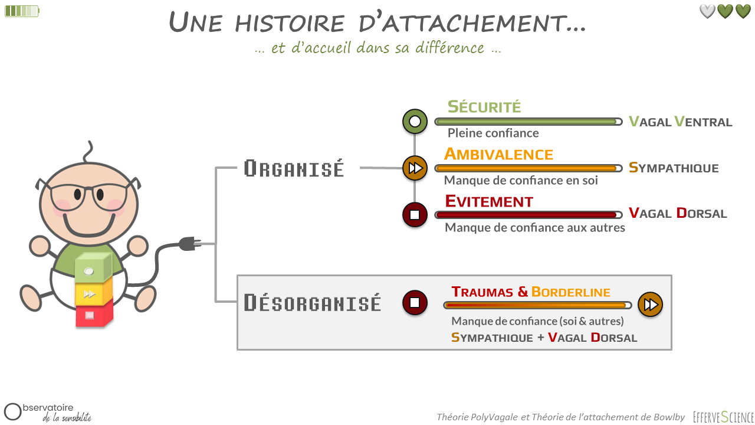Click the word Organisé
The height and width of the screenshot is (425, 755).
294,169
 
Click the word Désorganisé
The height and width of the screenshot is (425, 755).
312,303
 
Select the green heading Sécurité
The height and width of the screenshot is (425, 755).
484,107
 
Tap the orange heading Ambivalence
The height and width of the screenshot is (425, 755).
498,154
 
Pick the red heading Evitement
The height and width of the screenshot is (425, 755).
489,201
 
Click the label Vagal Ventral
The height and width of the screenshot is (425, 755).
680,122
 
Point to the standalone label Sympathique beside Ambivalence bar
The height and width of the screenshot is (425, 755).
674,168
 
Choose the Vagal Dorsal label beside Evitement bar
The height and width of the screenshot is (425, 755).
678,213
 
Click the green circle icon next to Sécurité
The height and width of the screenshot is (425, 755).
415,122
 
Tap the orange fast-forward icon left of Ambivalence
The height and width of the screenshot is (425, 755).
415,168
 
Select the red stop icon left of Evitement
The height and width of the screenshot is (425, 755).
415,214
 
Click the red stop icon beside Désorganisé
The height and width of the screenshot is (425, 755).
415,303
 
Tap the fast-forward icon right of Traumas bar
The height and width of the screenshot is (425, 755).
650,305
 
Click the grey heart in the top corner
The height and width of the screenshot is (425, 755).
707,11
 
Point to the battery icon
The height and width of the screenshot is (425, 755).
21,11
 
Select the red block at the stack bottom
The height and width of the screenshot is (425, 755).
93,314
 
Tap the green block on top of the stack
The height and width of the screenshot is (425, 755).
93,269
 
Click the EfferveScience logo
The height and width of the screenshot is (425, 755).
723,417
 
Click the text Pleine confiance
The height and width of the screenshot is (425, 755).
493,133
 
